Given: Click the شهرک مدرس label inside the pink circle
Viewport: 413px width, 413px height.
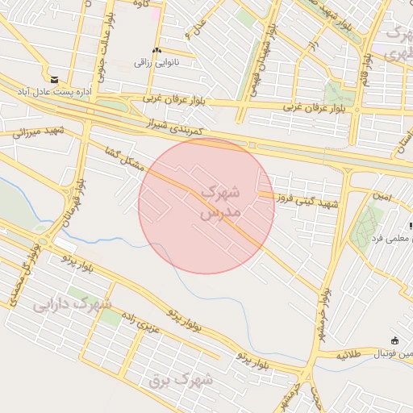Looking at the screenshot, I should [219, 202].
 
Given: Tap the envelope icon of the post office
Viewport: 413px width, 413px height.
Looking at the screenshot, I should [54, 80].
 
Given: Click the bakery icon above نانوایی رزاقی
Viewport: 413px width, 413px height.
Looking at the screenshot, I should [156, 50].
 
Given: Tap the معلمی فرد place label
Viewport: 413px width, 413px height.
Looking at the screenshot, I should [386, 238].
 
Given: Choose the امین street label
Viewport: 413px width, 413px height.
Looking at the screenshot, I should [381, 194].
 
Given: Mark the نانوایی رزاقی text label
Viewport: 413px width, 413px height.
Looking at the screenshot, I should [153, 62].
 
